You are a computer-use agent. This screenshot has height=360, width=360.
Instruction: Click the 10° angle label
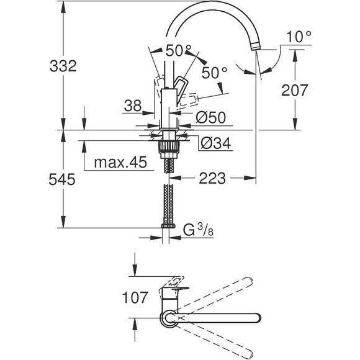tap(299, 37)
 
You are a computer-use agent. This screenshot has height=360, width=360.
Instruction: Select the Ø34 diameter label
tap(215, 143)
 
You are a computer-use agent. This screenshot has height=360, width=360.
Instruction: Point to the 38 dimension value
tap(133, 107)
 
